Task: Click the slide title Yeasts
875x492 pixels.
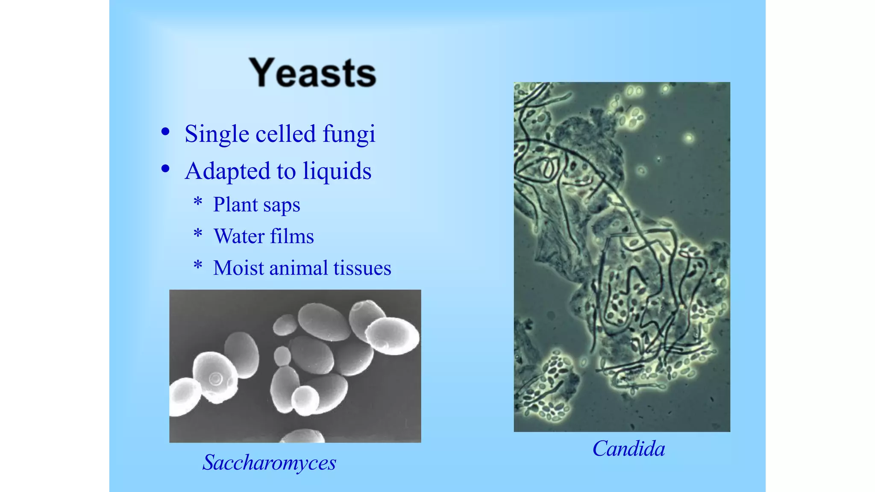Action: (x=312, y=73)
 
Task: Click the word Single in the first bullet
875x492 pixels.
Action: (x=217, y=134)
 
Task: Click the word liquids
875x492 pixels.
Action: (x=337, y=171)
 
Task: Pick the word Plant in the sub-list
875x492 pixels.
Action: (x=235, y=205)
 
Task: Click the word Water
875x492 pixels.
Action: (x=239, y=236)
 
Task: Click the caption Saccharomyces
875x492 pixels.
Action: (x=269, y=463)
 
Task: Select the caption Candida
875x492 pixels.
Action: (x=628, y=449)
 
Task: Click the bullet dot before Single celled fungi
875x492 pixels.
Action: (x=165, y=132)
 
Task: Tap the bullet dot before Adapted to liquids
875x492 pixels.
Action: (x=165, y=169)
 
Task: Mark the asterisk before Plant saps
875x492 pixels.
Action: (x=198, y=201)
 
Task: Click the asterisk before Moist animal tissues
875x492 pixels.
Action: (x=198, y=265)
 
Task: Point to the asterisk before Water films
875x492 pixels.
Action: (x=198, y=233)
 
